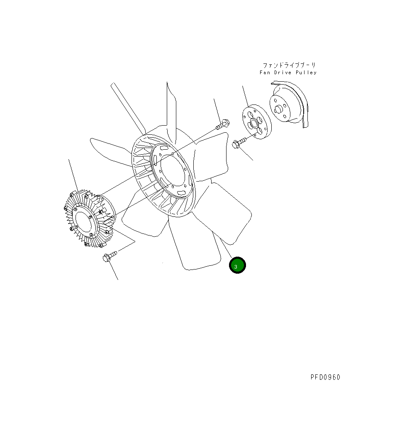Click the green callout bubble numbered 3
(237, 265)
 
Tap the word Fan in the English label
(265, 73)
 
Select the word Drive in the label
(283, 73)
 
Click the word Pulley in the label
(306, 73)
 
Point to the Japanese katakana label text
(289, 66)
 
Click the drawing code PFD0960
(326, 377)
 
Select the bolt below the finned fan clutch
(110, 256)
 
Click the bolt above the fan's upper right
(223, 124)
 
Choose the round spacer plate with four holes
(257, 122)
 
